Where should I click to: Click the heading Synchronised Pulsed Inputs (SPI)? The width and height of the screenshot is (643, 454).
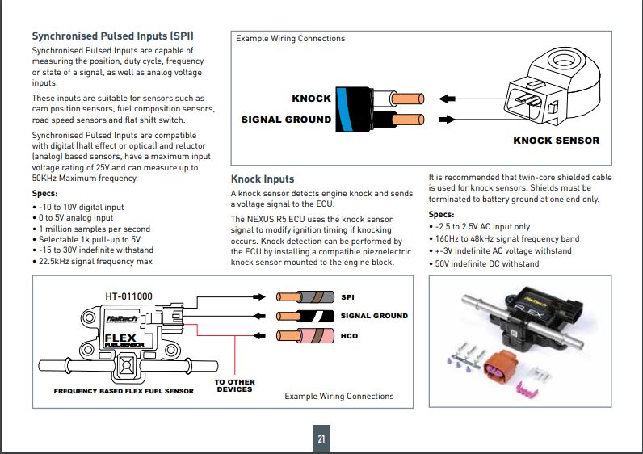click(x=112, y=36)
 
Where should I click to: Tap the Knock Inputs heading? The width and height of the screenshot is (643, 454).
click(x=263, y=179)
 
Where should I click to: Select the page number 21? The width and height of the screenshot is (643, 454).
click(x=321, y=439)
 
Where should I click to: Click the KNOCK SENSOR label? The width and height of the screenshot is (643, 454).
click(x=557, y=141)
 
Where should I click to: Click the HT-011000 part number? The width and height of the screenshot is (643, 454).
click(x=129, y=296)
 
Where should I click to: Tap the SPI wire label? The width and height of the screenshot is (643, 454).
click(x=348, y=296)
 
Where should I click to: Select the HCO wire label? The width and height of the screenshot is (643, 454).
click(x=350, y=336)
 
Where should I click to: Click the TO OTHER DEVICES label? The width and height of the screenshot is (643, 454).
click(x=234, y=385)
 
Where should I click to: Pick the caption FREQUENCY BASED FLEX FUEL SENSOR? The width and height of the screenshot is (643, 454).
click(x=124, y=391)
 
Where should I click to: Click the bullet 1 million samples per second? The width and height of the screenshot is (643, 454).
click(x=95, y=229)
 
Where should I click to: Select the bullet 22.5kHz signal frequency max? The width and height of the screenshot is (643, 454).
click(x=95, y=261)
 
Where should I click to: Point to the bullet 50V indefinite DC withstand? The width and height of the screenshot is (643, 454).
click(x=486, y=263)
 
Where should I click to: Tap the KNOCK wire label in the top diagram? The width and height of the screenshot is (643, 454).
click(x=311, y=99)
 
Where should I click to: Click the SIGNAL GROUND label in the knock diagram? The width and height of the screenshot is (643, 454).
click(x=286, y=120)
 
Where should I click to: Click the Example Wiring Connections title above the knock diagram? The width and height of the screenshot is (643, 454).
click(x=290, y=38)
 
